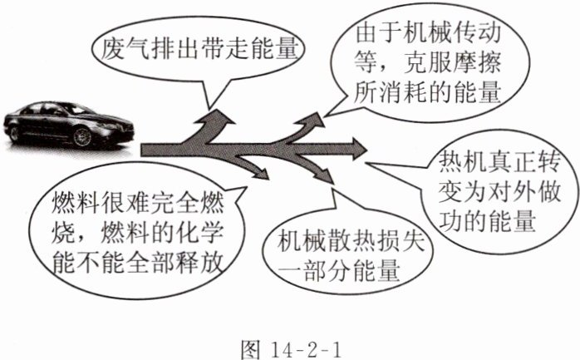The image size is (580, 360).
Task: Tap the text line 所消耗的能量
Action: click(x=432, y=91)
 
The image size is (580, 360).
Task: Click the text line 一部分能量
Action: click(x=339, y=269)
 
